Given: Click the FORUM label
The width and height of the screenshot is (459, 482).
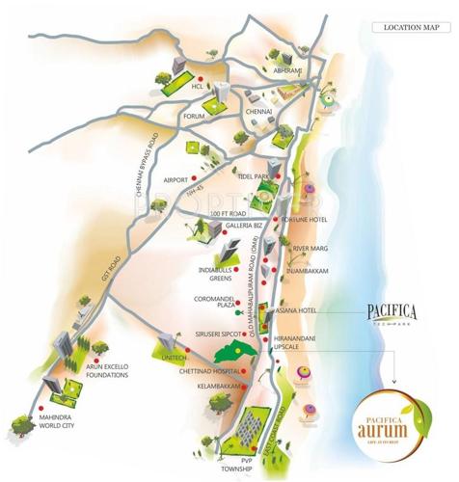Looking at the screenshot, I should (197, 117).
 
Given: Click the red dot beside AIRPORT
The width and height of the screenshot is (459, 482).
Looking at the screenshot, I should (193, 179).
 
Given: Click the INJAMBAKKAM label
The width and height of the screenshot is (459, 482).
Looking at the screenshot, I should (309, 271).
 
